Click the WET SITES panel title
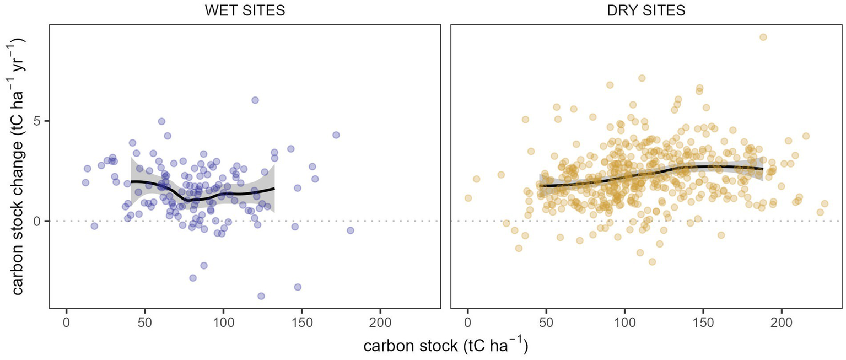point(245,10)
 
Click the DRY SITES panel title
point(647,10)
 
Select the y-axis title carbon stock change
point(18,166)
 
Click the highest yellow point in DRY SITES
point(763,37)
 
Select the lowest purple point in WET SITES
point(261,296)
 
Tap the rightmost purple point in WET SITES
point(350,230)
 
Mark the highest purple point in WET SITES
point(255,100)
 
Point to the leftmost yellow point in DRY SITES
point(468,198)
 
